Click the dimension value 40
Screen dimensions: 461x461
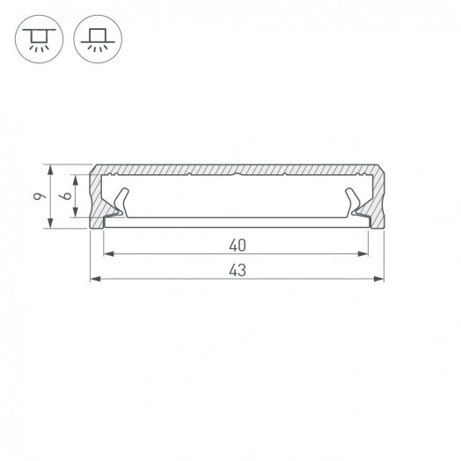[237, 244]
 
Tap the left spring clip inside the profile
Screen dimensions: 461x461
[118, 203]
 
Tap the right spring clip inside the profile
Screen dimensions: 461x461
[357, 203]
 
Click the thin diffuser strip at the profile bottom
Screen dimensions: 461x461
[237, 221]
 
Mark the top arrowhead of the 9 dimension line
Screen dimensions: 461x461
[51, 167]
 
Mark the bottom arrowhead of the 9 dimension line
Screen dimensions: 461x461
[51, 227]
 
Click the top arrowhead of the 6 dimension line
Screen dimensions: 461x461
[77, 176]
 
